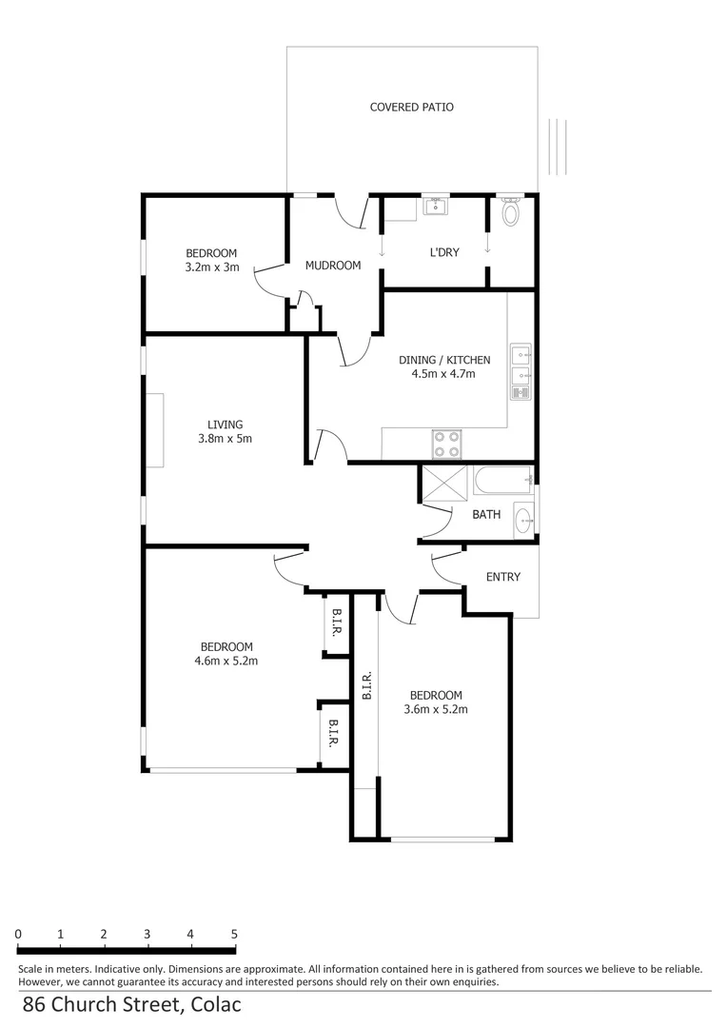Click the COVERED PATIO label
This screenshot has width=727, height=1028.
(x=411, y=107)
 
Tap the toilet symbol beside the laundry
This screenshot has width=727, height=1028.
(x=511, y=212)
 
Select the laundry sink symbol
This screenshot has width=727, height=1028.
(x=437, y=206)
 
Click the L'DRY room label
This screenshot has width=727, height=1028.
(x=444, y=252)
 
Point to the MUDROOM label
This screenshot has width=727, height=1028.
(x=333, y=266)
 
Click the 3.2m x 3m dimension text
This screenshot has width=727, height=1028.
(x=211, y=267)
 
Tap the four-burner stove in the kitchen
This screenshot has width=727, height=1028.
(x=447, y=445)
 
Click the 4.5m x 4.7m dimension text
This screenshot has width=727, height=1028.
(x=443, y=373)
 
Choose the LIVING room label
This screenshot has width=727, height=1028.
(x=226, y=425)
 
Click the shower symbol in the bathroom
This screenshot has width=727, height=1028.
(x=443, y=483)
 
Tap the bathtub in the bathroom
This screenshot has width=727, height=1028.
(x=501, y=482)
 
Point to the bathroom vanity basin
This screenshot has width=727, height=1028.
(x=523, y=519)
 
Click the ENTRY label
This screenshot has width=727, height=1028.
(x=502, y=577)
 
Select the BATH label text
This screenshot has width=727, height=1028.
(x=486, y=515)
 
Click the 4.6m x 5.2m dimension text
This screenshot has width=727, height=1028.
(x=226, y=661)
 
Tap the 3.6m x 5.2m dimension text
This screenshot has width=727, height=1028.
(x=436, y=709)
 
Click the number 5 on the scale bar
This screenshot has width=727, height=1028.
(x=234, y=935)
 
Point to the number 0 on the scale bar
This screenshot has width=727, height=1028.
(x=19, y=935)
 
